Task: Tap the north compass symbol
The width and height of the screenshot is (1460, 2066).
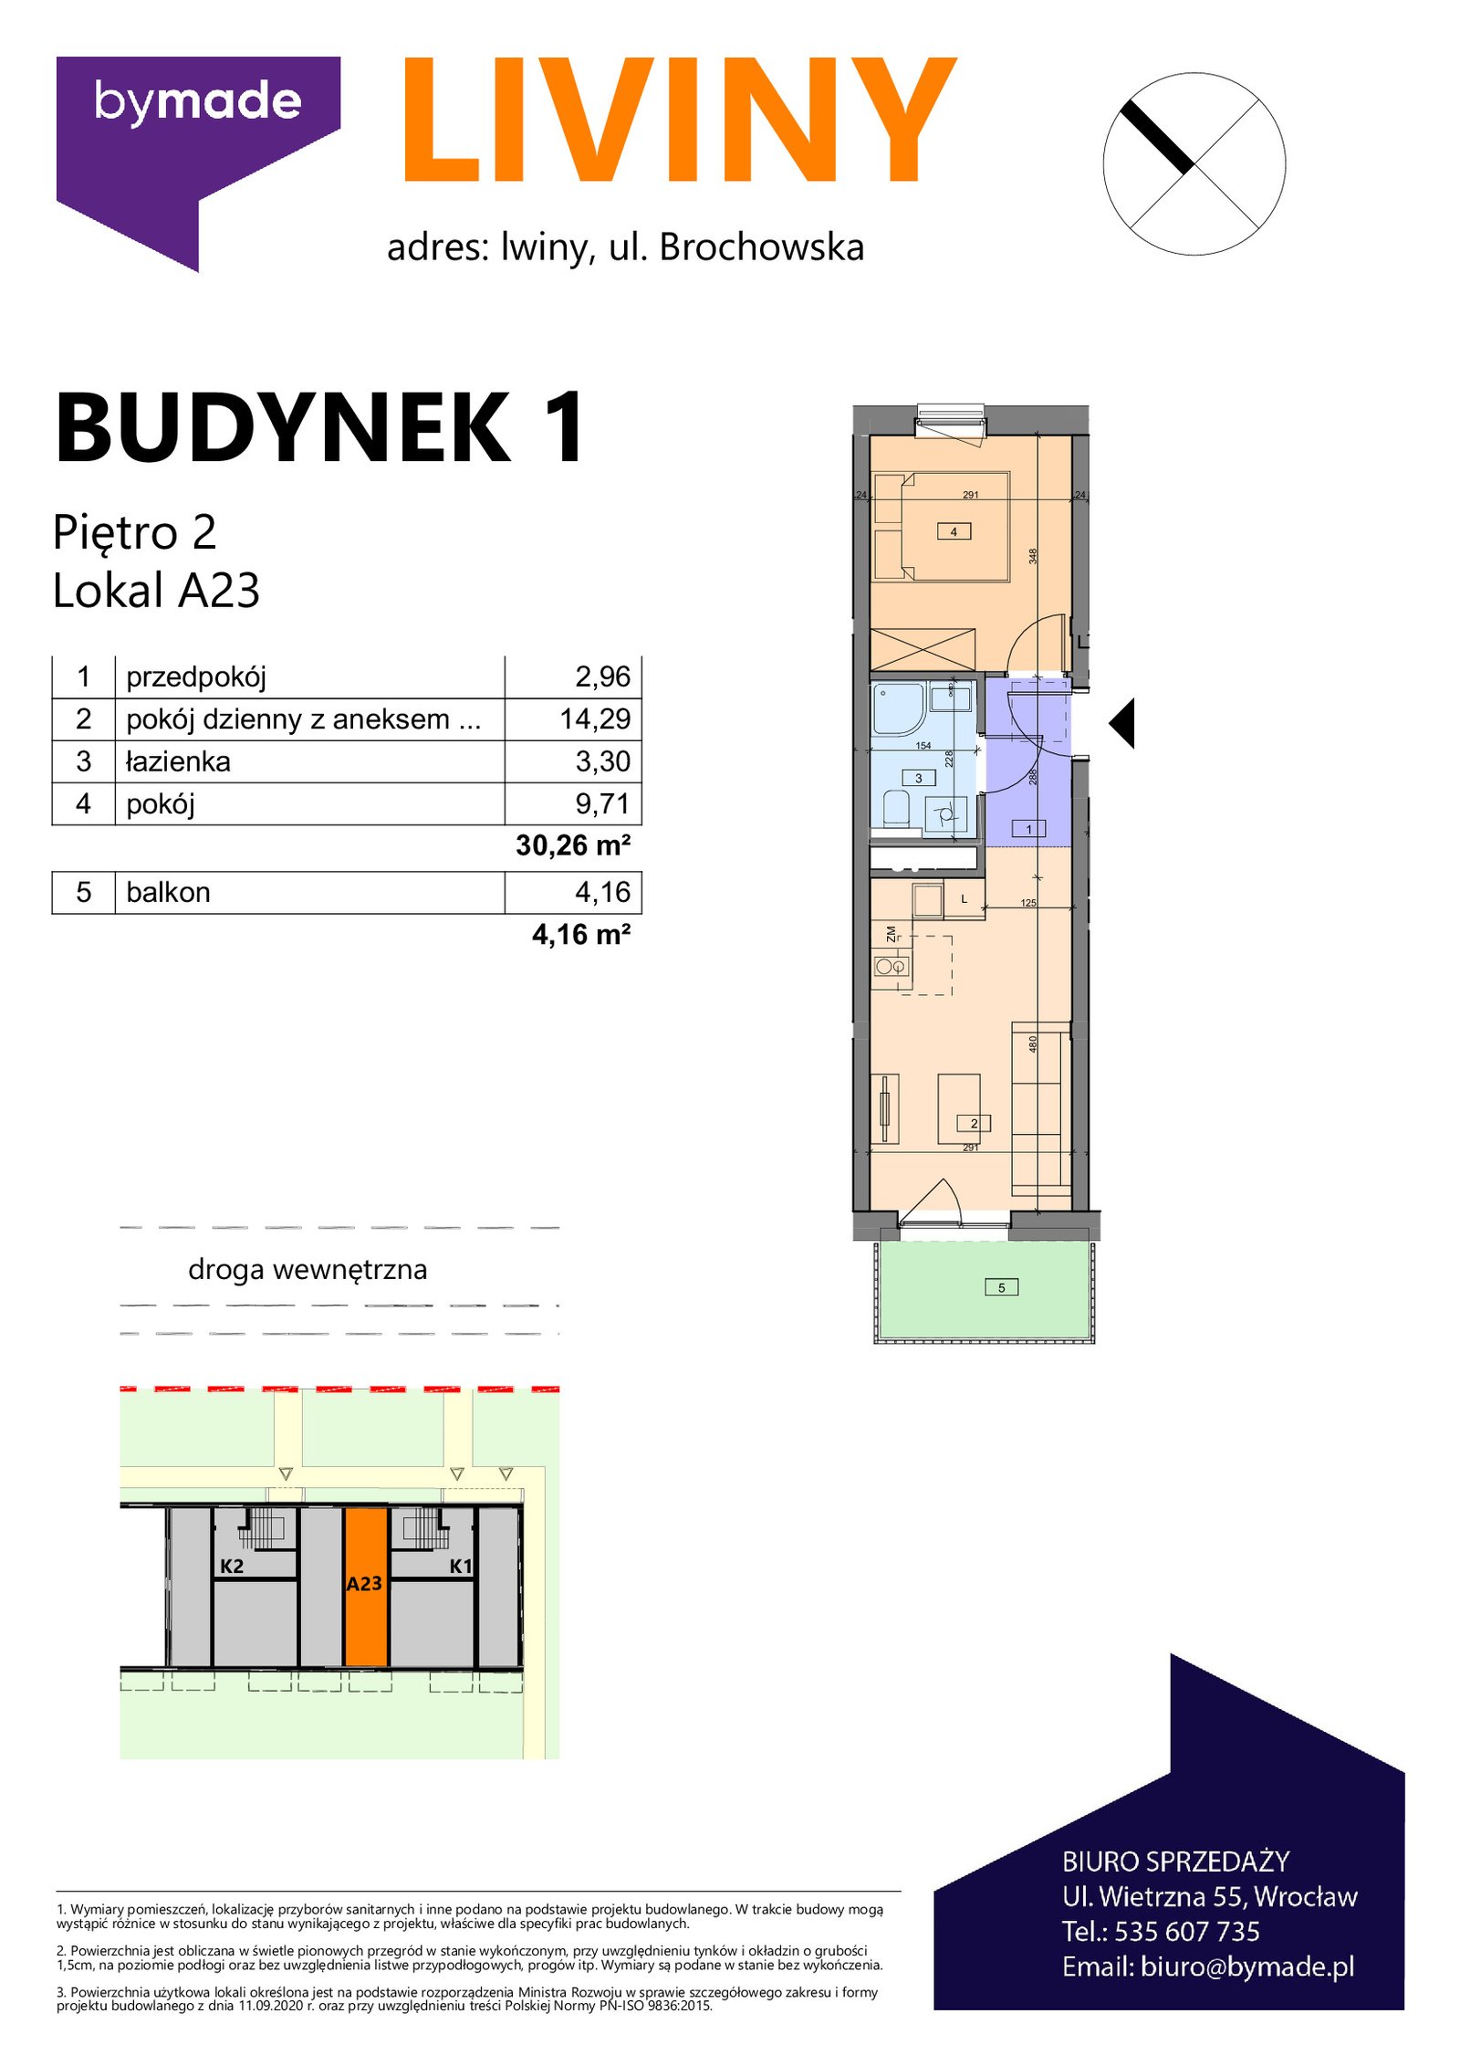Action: [x=1194, y=164]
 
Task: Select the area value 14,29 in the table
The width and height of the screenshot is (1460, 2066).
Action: [x=595, y=719]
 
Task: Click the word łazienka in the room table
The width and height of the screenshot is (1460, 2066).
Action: [x=178, y=761]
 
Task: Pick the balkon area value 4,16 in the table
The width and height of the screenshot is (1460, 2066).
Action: [x=602, y=892]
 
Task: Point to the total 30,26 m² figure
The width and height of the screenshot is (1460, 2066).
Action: [x=573, y=845]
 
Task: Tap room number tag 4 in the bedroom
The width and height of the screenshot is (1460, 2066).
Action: [x=954, y=531]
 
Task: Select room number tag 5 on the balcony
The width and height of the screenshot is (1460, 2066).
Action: [x=1002, y=1288]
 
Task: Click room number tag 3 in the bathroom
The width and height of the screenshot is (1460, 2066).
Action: [x=919, y=778]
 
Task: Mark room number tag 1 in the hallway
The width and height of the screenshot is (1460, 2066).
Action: [x=1029, y=829]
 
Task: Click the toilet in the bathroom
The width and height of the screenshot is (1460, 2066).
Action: [x=896, y=809]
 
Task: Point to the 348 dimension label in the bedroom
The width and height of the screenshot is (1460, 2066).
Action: [x=1034, y=555]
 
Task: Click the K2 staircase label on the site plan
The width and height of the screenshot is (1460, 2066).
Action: [x=232, y=1567]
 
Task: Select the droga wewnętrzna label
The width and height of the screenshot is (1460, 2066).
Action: [x=308, y=1270]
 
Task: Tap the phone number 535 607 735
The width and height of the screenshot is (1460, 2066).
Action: [x=1187, y=1931]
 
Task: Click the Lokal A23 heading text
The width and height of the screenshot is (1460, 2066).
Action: [x=157, y=590]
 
